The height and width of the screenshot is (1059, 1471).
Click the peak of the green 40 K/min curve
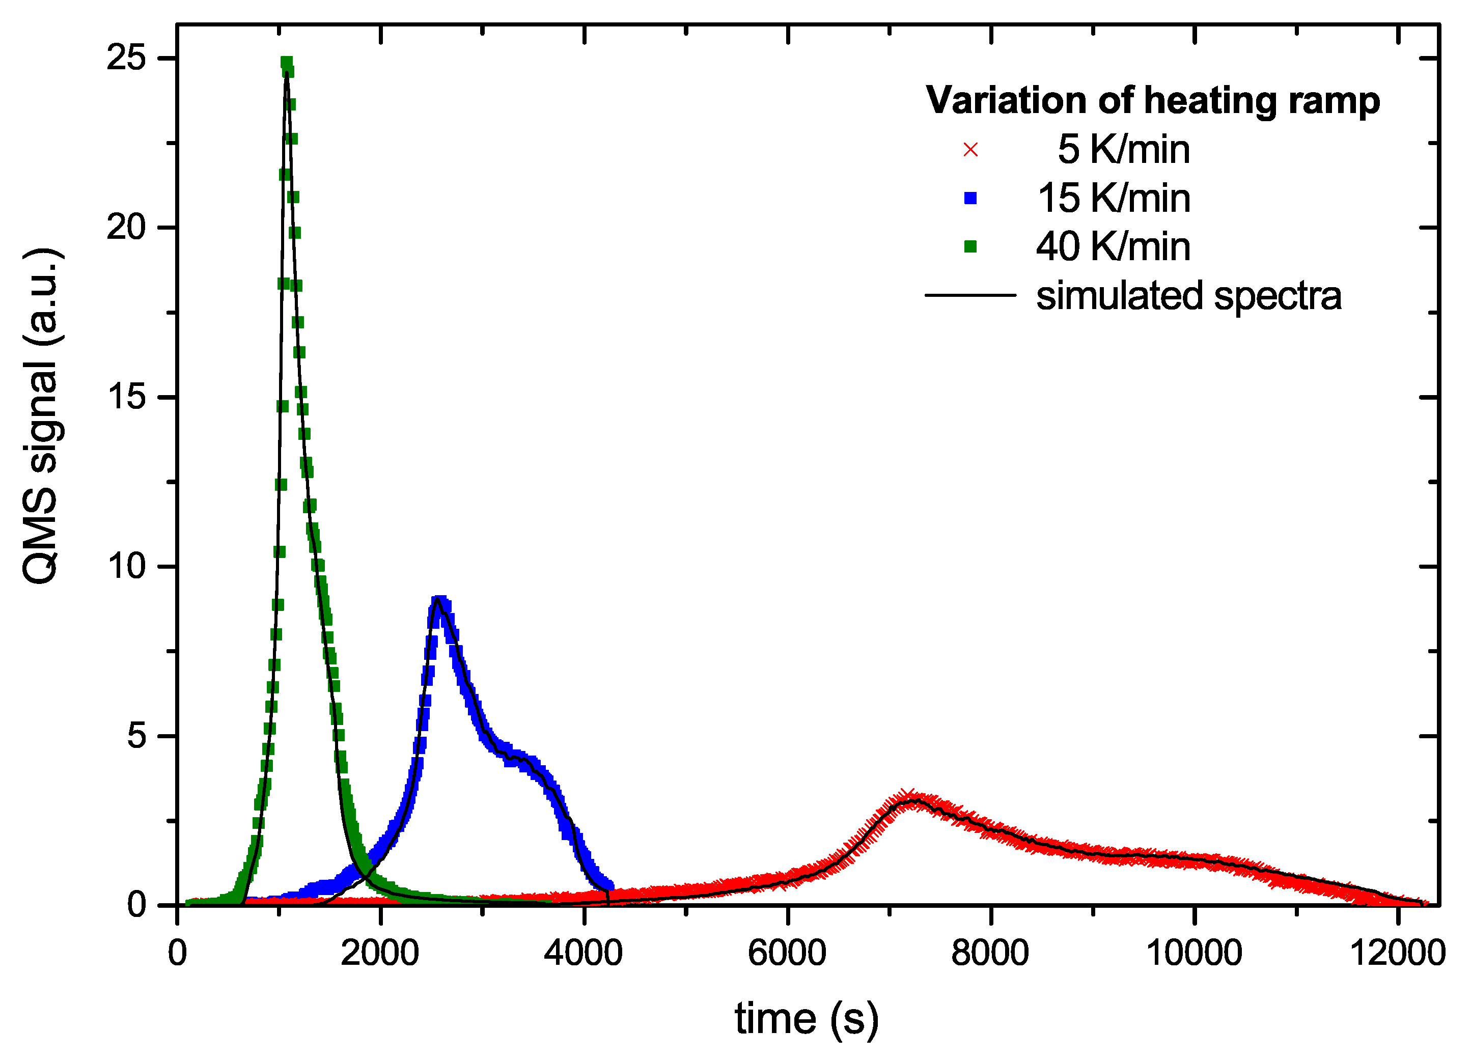287,63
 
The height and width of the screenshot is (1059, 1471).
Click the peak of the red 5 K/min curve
911,799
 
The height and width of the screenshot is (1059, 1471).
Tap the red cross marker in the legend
970,150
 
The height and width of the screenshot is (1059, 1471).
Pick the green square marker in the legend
970,246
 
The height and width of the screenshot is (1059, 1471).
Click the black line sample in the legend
970,296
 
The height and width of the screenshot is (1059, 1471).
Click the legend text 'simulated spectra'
1188,296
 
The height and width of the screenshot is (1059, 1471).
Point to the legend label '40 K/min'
1113,246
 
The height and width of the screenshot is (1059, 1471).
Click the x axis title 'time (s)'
806,1019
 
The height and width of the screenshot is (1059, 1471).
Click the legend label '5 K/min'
1123,150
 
